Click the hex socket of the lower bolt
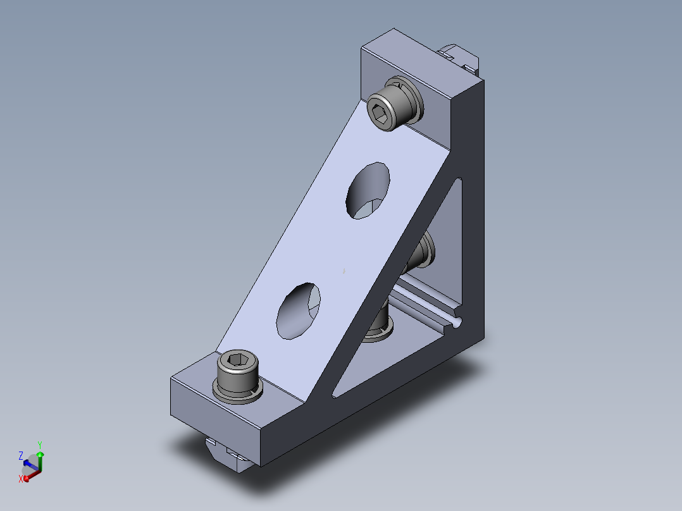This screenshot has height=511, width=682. tap(237, 359)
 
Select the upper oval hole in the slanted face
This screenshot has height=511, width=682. tap(368, 190)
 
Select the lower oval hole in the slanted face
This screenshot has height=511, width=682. tap(299, 311)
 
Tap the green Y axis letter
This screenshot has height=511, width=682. tap(40, 445)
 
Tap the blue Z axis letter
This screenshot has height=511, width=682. tap(20, 456)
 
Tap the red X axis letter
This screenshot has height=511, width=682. tap(20, 479)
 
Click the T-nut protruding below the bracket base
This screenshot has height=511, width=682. tap(228, 455)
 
